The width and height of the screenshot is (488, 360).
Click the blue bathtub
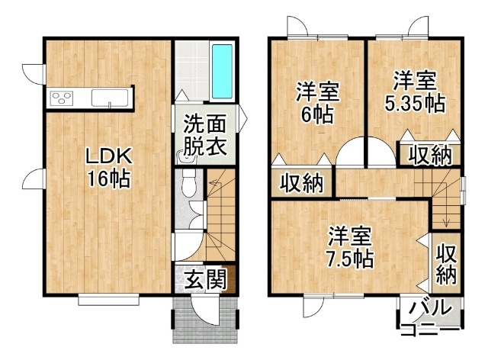(222, 72)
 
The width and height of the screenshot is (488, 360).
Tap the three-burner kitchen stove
(63, 98)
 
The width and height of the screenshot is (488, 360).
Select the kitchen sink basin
(110, 98)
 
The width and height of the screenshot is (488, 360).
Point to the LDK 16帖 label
(109, 168)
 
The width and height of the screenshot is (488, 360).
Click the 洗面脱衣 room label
(204, 135)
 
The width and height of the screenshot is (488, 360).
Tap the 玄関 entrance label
(205, 278)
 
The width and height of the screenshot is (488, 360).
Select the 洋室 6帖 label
(317, 102)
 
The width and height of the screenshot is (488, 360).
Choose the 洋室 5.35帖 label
(415, 92)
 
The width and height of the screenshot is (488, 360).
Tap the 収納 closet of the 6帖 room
(302, 183)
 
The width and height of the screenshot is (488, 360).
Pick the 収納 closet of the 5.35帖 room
(429, 155)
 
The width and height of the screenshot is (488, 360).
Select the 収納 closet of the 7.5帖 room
(446, 263)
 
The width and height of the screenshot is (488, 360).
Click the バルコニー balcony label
(430, 318)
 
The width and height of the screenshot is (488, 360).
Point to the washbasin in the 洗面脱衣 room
(186, 156)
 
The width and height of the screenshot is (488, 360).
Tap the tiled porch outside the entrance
(206, 320)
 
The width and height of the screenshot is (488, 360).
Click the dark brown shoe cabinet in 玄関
(230, 279)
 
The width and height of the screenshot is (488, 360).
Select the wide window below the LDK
(108, 301)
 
